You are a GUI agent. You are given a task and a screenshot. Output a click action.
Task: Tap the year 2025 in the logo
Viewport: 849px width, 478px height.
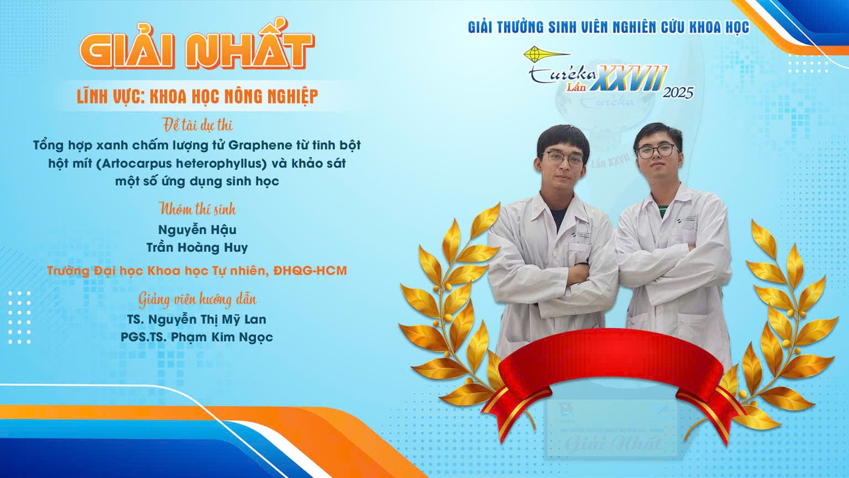coord(678,92)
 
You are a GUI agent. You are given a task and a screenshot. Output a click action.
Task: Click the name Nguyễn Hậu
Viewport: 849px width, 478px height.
coord(197,230)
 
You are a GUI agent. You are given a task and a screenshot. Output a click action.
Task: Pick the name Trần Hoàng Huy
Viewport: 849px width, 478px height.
coord(197,248)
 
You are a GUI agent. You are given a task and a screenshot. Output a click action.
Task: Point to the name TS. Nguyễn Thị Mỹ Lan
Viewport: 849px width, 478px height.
coord(197,320)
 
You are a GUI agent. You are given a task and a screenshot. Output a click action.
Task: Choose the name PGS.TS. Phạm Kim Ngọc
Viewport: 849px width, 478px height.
coord(197,337)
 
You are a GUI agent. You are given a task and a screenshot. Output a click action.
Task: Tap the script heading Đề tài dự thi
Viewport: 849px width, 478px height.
coord(197,125)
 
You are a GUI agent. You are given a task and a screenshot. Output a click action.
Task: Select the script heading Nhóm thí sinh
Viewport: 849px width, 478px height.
coord(197,209)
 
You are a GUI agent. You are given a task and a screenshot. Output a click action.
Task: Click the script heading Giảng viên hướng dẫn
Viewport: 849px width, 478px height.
coord(197,300)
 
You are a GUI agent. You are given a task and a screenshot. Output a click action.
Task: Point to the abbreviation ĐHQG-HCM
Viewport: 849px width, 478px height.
coord(310,271)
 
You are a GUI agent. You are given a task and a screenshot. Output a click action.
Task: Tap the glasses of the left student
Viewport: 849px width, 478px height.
coord(563,158)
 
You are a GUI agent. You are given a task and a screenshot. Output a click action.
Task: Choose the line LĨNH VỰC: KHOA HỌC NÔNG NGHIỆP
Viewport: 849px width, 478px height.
coord(197,97)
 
